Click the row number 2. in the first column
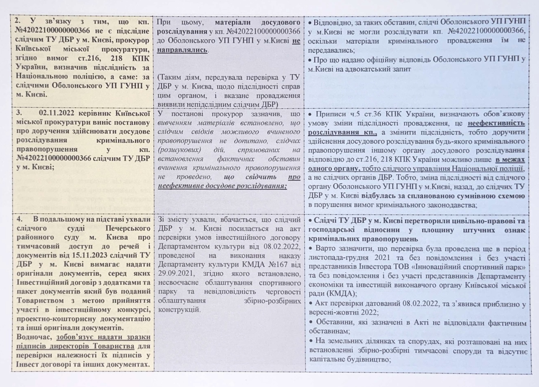pyautogui.click(x=18, y=21)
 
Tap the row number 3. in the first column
pyautogui.click(x=19, y=113)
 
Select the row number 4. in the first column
pyautogui.click(x=20, y=219)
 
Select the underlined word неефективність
pyautogui.click(x=496, y=123)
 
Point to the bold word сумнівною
pyautogui.click(x=468, y=196)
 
